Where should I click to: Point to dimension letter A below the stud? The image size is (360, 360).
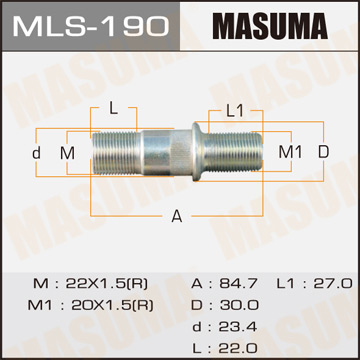pos(178,215)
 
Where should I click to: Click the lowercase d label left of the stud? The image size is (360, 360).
pos(35,152)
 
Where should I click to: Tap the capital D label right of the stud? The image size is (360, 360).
pos(323,152)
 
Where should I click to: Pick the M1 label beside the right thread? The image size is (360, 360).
pos(289,152)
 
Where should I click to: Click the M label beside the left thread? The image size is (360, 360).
pos(67,152)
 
